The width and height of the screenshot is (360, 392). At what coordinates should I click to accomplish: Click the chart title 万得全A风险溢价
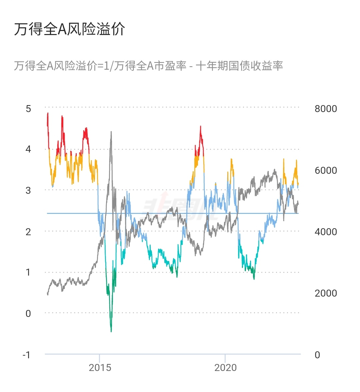[69, 29]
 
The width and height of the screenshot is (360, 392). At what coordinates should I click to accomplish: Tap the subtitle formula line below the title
[148, 66]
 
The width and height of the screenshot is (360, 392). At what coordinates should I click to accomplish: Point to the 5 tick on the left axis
[28, 108]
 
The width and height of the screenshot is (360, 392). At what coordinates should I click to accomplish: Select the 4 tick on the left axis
[28, 149]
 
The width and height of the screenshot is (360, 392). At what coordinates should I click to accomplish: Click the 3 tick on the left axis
[28, 190]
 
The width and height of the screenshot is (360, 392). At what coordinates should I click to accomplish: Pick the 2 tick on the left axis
[28, 232]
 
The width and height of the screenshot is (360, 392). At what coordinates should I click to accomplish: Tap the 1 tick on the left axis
[28, 272]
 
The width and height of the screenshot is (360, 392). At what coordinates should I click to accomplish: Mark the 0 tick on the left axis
[28, 313]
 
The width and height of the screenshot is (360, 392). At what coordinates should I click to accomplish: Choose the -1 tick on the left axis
[26, 355]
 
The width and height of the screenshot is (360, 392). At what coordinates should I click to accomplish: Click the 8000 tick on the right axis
[326, 109]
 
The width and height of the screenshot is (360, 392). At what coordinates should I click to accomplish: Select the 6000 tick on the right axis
[326, 170]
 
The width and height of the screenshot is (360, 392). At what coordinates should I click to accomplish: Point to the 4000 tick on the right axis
[326, 232]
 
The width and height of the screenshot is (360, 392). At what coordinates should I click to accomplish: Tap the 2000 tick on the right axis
[326, 293]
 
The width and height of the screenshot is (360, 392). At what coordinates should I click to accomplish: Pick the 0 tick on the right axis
[317, 355]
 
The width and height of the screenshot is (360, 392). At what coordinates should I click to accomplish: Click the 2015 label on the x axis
[100, 368]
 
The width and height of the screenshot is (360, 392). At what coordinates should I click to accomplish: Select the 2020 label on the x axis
[225, 368]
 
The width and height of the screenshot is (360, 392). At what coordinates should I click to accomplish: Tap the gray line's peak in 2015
[111, 132]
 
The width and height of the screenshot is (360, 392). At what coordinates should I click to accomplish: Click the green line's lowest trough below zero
[111, 331]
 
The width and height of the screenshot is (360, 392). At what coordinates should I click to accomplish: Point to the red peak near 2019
[200, 126]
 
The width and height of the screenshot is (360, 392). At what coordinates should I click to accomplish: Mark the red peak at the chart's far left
[48, 113]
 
